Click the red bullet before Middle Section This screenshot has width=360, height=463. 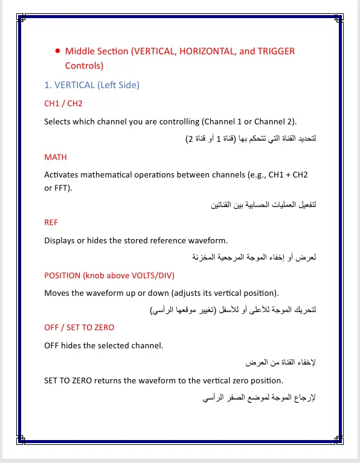coord(57,52)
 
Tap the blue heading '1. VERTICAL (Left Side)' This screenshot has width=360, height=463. coord(92,85)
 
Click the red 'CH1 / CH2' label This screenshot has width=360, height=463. coord(63,104)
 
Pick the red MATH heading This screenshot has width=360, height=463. coord(56,157)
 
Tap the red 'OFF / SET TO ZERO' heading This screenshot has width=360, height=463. coord(79,327)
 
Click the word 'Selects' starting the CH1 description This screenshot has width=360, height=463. coord(59,121)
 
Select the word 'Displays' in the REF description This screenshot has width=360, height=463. coord(59,240)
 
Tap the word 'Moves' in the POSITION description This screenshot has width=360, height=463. coord(56,293)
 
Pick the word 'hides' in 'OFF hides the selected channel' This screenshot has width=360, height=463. coord(74,345)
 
